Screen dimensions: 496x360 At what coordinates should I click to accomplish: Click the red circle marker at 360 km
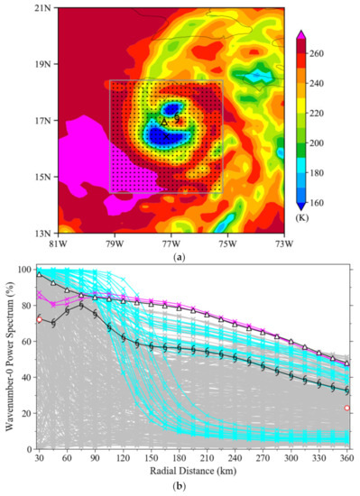(347, 408)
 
